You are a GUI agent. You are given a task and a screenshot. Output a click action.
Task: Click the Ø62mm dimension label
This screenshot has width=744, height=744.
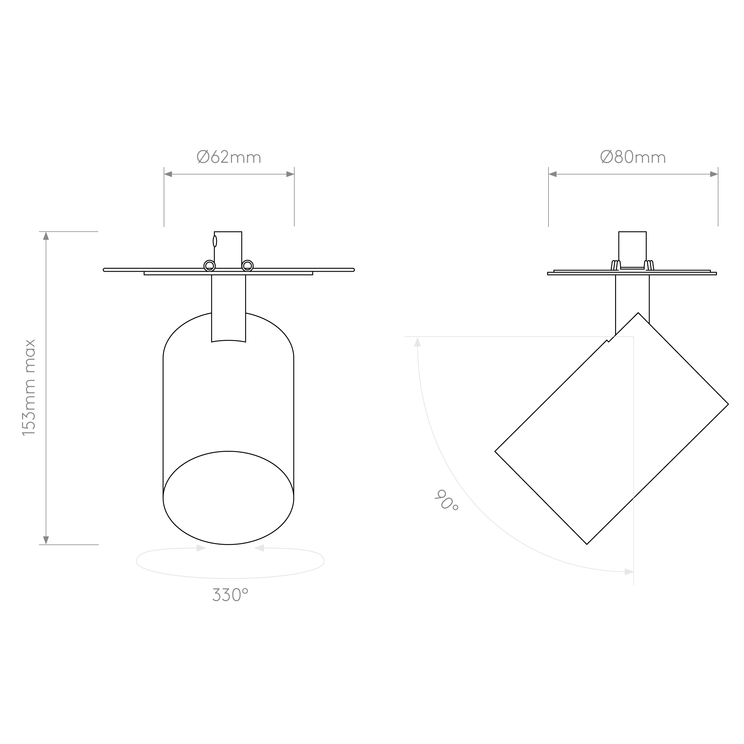coord(229,157)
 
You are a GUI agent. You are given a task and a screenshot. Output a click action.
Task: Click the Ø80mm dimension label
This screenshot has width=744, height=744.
coord(633,157)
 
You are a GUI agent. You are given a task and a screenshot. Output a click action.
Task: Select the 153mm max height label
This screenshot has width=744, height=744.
coord(29,387)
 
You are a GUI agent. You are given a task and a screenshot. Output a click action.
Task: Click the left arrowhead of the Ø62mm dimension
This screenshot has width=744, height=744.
coord(168,174)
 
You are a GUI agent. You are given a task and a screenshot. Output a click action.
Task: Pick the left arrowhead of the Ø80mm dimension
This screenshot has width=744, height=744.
coord(553,174)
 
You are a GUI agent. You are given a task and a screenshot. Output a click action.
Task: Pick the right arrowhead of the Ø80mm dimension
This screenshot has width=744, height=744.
coord(714,174)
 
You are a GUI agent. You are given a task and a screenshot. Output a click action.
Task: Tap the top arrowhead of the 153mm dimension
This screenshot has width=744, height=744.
coord(46,236)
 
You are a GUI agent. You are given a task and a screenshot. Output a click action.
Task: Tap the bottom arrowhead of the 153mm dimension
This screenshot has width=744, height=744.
coord(46,540)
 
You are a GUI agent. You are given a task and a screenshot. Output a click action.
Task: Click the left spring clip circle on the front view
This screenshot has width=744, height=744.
coord(210,266)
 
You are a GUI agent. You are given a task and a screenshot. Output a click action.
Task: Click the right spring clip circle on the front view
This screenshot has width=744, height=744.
coord(248,266)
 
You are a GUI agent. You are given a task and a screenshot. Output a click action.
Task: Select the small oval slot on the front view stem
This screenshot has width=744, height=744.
coord(215,241)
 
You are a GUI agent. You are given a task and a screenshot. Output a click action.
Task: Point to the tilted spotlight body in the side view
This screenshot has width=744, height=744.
coord(612,428)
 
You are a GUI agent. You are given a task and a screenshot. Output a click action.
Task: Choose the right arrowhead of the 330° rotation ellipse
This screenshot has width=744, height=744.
coord(259,548)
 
